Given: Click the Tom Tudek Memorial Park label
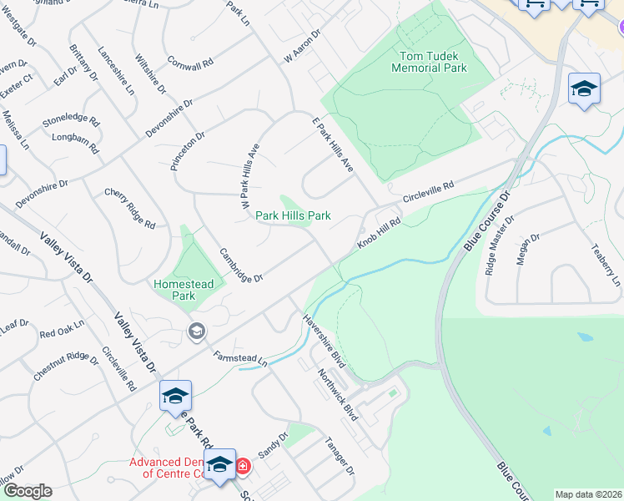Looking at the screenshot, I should [x=430, y=62].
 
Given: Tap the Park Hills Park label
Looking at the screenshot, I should [x=293, y=215].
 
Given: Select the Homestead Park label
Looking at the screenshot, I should [x=184, y=290].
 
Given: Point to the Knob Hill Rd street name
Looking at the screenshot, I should [x=380, y=233].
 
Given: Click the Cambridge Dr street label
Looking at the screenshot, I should [x=241, y=265].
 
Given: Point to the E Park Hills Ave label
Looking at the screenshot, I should [x=333, y=145].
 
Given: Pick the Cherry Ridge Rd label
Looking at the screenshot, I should [x=130, y=208].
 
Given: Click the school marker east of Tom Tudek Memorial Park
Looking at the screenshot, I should [x=584, y=89].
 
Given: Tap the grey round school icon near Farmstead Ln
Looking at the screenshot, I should [x=196, y=331].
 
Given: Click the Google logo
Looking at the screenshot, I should [x=27, y=491].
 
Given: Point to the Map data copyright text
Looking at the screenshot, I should [x=588, y=494].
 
